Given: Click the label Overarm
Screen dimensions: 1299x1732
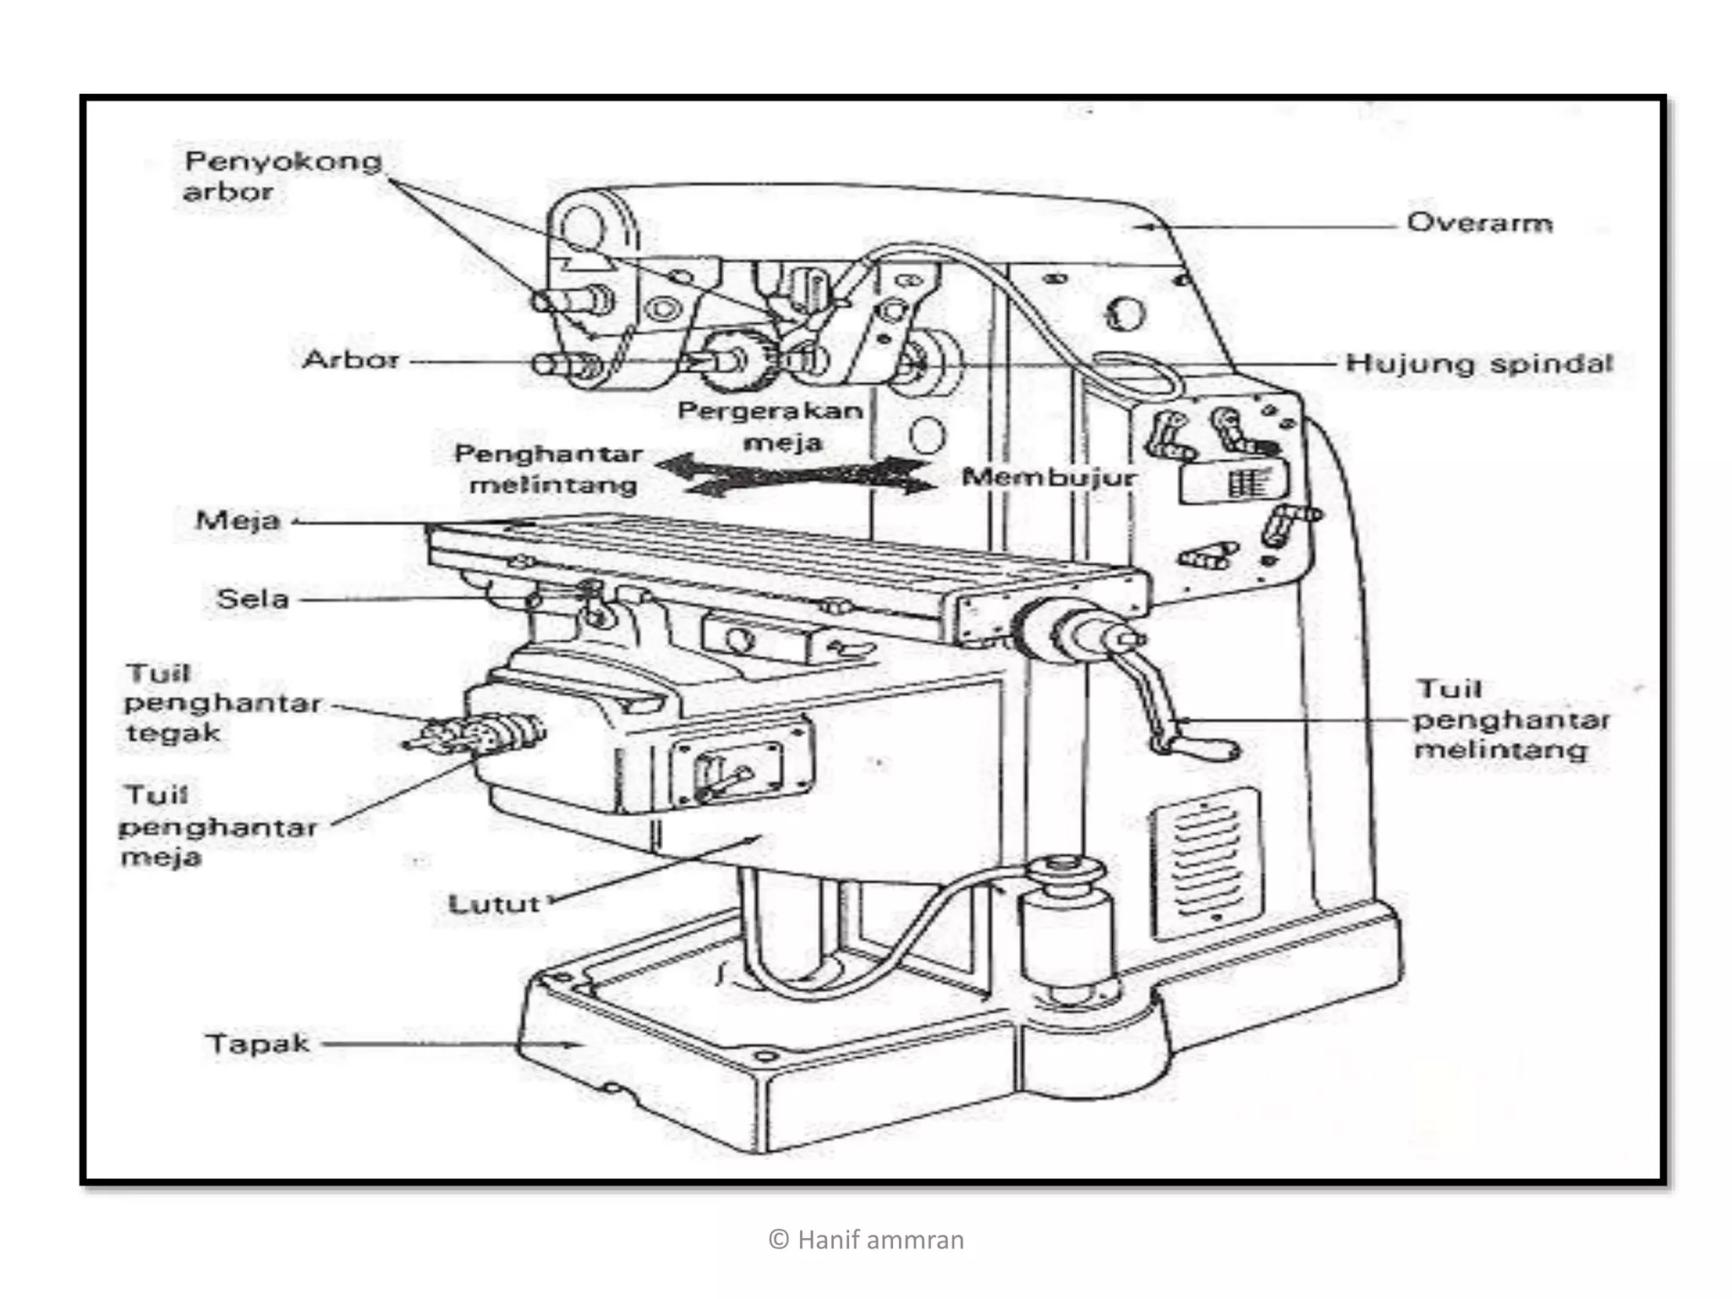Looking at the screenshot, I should pyautogui.click(x=1479, y=222).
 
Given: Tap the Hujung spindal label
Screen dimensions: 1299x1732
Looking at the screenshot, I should pyautogui.click(x=1479, y=364).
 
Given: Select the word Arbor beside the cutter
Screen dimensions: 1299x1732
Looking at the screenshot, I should pyautogui.click(x=350, y=359).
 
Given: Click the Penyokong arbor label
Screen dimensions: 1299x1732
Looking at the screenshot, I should pyautogui.click(x=282, y=176).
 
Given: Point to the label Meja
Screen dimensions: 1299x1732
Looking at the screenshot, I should pyautogui.click(x=238, y=520).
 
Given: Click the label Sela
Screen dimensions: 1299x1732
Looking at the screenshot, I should pyautogui.click(x=252, y=599).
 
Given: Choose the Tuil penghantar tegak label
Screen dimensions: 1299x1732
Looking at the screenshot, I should pyautogui.click(x=222, y=703).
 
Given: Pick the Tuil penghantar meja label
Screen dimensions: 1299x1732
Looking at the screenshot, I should pyautogui.click(x=217, y=826).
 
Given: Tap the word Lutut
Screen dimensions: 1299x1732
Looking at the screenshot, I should pyautogui.click(x=493, y=904).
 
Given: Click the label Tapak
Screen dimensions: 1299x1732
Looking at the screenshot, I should pyautogui.click(x=258, y=1044).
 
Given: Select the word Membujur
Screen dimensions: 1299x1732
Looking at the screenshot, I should pyautogui.click(x=1050, y=477).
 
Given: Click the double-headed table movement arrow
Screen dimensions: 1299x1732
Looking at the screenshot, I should pyautogui.click(x=795, y=476).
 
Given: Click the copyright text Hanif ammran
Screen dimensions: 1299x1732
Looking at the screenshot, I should pyautogui.click(x=866, y=1240).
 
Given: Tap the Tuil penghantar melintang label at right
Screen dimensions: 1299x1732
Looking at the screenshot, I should pyautogui.click(x=1510, y=720).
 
